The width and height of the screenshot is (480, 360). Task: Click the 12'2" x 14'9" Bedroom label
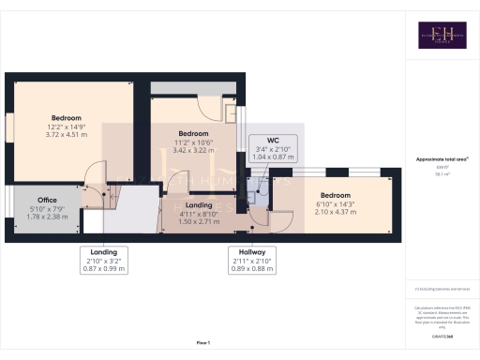pos(66,119)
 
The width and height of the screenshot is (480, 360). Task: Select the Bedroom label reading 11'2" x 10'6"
pos(194,133)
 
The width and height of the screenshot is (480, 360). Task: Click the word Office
pos(47,201)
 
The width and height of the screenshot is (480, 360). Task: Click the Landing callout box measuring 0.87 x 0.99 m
pos(104,259)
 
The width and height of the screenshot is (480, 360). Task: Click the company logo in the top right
pos(441,35)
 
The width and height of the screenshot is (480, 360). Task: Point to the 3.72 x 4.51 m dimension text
pos(66,135)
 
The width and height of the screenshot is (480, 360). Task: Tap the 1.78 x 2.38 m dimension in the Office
pos(47,217)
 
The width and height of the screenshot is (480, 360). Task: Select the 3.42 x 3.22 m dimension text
pos(194,149)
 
